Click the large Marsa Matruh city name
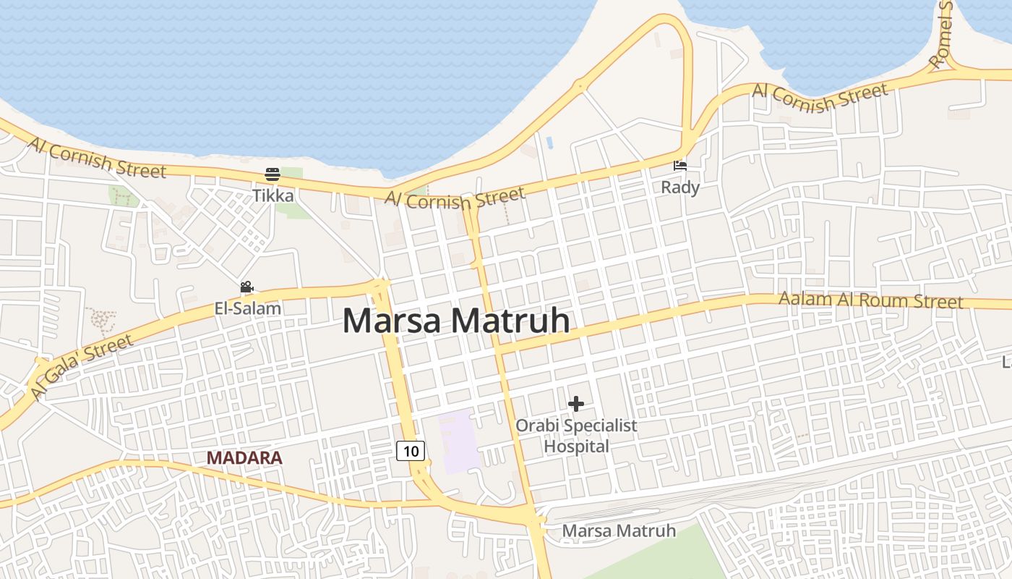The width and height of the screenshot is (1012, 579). (456, 321)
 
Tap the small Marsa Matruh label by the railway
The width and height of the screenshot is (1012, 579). (619, 531)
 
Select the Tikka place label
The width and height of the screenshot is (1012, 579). (273, 195)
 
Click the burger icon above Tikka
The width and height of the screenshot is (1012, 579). (273, 174)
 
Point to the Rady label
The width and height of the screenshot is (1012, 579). (680, 187)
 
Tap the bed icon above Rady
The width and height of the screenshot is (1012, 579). (680, 166)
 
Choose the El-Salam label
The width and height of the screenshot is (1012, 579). (247, 308)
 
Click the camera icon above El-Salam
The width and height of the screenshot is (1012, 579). (246, 287)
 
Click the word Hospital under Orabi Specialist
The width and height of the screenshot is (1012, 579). (576, 447)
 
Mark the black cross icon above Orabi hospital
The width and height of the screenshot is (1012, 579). (576, 404)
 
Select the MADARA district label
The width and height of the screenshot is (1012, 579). (244, 458)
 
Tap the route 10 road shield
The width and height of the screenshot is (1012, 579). (411, 452)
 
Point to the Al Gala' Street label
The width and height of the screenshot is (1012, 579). (82, 367)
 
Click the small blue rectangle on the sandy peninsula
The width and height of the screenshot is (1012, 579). (549, 143)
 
